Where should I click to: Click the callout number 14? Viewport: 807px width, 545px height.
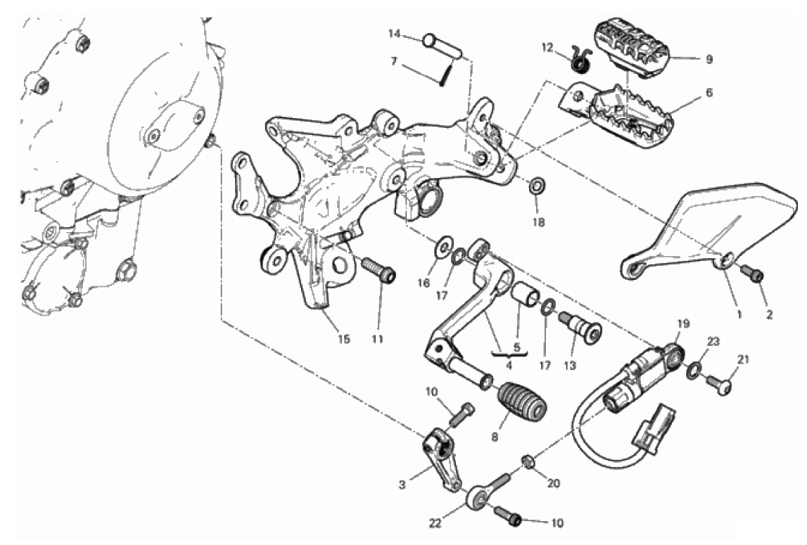click(394, 34)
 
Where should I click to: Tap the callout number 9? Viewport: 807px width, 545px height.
click(709, 59)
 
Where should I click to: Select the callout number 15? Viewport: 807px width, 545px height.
click(344, 339)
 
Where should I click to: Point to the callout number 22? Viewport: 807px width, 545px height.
click(436, 523)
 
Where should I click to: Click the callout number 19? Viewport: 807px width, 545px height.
click(683, 323)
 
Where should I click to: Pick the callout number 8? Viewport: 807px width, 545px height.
click(495, 437)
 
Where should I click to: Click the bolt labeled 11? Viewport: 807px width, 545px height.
click(379, 271)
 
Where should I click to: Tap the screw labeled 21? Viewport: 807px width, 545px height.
click(719, 385)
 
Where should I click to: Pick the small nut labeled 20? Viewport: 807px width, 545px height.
click(528, 461)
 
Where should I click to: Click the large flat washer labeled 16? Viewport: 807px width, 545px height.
click(444, 247)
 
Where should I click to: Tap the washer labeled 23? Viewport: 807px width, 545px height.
click(694, 369)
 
